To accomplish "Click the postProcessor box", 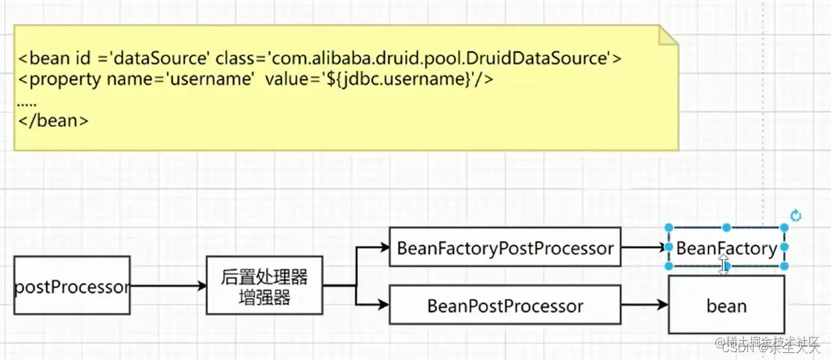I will click(x=72, y=285).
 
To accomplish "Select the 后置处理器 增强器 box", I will click(x=264, y=285).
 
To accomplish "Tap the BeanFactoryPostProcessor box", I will click(x=504, y=247).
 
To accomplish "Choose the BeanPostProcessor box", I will click(x=504, y=305).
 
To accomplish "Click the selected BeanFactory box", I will click(x=726, y=248).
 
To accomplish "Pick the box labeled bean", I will click(x=726, y=305).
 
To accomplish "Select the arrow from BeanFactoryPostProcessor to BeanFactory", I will click(x=644, y=248).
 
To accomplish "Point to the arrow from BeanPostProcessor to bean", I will click(x=644, y=305).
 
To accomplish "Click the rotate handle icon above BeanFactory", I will click(x=796, y=215).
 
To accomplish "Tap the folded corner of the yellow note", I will click(x=667, y=36).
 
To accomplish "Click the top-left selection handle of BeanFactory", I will click(x=669, y=228).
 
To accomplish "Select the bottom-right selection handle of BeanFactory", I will click(x=784, y=266).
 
